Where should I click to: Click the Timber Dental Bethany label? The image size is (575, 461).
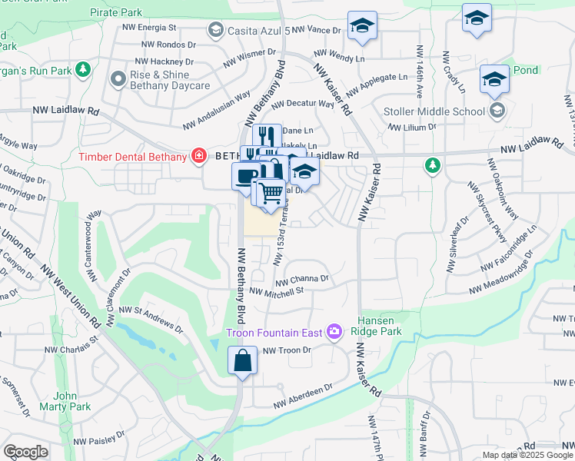coord(133,157)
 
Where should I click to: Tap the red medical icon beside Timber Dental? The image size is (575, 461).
coord(199,157)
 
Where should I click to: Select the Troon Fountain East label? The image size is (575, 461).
coord(274,333)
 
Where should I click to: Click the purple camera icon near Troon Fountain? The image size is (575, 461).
coord(334,332)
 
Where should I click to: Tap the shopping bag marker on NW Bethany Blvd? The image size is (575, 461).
coord(242,361)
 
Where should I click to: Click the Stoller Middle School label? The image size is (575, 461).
coord(434,111)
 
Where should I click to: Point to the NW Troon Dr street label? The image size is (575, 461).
coord(287,350)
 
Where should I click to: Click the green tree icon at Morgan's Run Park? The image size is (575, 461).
coord(84,71)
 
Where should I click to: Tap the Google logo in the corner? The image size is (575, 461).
coord(25,452)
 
